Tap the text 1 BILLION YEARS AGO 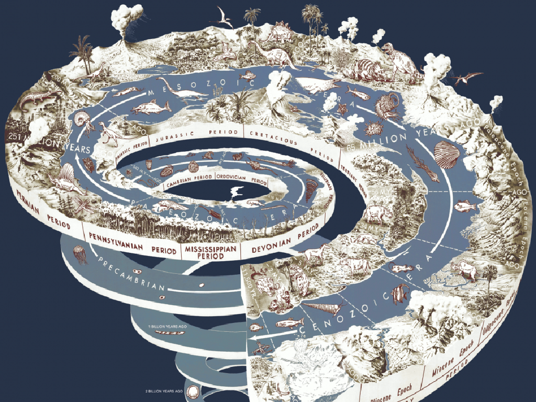pos(168,327)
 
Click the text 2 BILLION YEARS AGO pos(164,391)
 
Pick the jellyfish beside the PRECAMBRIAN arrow pos(81,253)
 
